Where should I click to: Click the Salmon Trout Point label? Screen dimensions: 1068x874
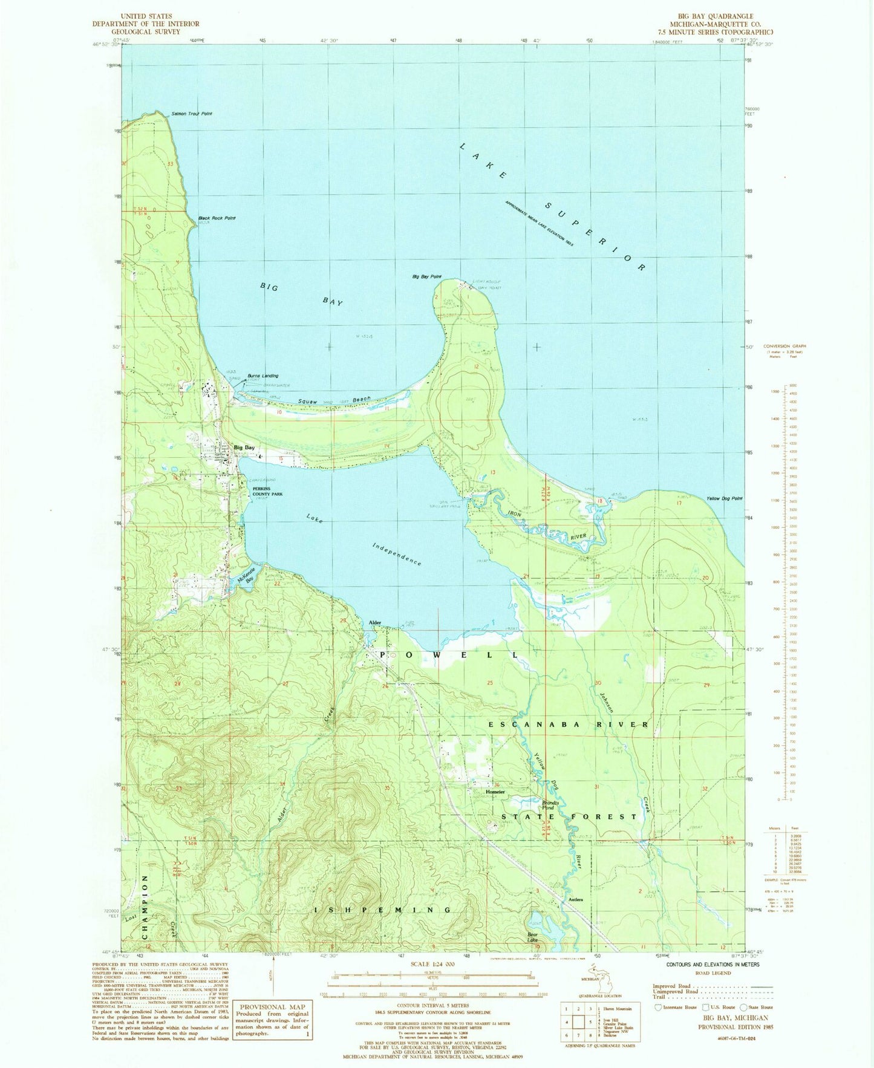point(192,114)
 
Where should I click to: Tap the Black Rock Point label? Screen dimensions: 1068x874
point(217,218)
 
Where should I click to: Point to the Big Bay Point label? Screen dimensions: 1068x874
point(426,276)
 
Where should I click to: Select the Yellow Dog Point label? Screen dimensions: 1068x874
point(724,499)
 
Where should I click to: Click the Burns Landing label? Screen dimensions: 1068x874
point(263,376)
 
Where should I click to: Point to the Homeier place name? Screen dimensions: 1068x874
point(494,791)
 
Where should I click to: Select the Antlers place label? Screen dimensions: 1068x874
point(575,900)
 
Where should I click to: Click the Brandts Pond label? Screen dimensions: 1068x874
point(547,805)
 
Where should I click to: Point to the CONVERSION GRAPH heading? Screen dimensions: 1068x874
point(784,347)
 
